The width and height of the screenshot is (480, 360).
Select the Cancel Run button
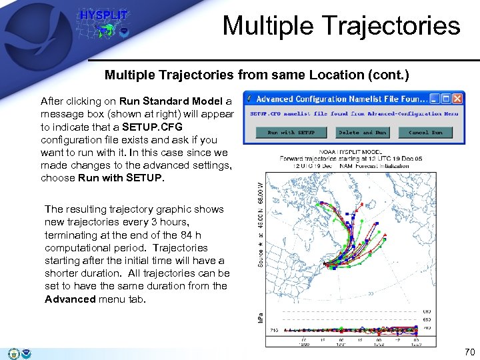click(x=425, y=132)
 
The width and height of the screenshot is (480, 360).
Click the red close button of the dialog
click(x=457, y=99)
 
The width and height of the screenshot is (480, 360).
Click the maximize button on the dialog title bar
click(x=446, y=99)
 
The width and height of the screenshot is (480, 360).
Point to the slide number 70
click(x=469, y=352)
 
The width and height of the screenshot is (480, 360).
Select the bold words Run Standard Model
click(x=171, y=101)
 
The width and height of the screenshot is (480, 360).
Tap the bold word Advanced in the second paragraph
click(x=69, y=299)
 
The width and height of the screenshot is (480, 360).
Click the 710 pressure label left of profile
click(x=273, y=329)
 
